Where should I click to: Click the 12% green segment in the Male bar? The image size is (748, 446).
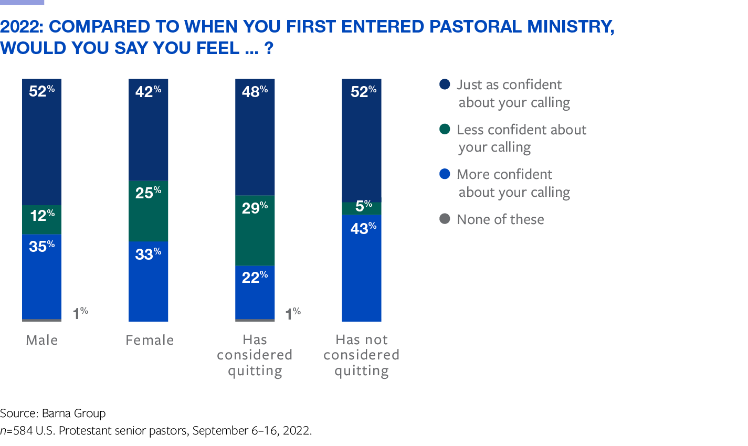41,219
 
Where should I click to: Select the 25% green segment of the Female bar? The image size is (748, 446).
149,211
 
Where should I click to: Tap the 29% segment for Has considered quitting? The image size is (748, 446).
255,231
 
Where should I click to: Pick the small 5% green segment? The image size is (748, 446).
362,208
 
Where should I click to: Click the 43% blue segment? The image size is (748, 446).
362,268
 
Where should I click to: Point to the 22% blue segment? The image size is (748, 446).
255,293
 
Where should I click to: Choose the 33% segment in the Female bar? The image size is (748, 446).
149,281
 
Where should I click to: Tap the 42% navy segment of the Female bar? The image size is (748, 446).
149,130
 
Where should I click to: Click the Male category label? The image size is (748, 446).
42,340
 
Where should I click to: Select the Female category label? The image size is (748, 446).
150,340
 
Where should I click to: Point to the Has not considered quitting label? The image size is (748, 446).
362,355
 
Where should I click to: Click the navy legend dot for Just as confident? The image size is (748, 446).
445,84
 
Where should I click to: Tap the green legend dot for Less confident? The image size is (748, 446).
445,129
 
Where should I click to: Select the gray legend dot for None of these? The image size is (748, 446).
445,219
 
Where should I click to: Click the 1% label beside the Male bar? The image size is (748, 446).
80,313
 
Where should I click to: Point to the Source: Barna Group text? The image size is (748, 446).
53,413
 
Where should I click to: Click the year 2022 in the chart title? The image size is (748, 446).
21,26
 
